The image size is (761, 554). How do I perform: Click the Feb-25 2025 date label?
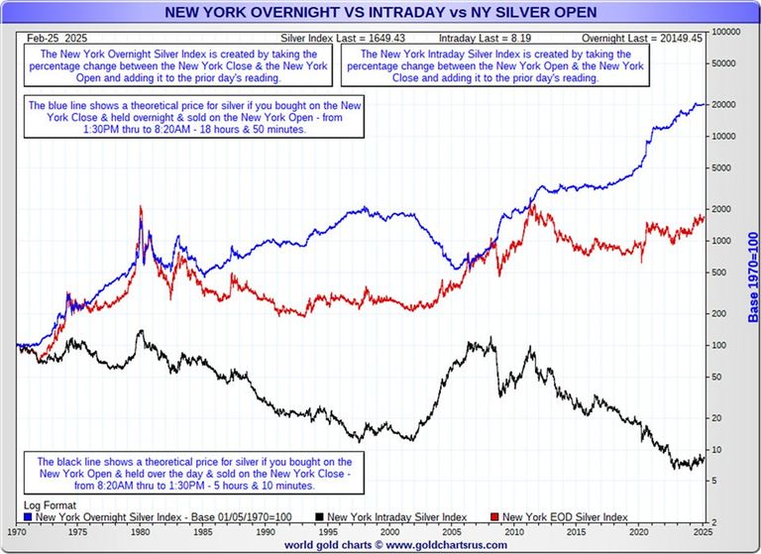coord(50,36)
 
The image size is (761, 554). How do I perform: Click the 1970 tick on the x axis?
coord(18,531)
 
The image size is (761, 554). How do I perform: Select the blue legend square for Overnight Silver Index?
coord(27,516)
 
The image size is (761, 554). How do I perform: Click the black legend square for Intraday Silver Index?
coord(320,516)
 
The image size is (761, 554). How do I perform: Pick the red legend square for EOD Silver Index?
coord(495,516)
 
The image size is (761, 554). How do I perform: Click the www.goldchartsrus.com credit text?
coord(380,545)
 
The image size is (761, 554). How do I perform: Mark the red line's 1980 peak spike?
coord(141,209)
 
